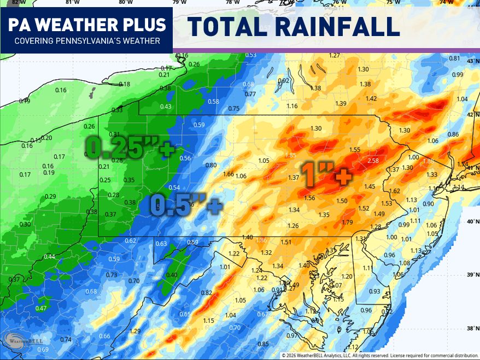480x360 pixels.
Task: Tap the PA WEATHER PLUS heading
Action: (x=87, y=25)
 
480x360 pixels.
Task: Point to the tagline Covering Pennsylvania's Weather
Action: (x=87, y=41)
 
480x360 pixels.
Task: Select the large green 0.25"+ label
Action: (x=130, y=147)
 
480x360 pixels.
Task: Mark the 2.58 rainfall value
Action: (x=373, y=161)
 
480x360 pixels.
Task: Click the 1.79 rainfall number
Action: (x=347, y=222)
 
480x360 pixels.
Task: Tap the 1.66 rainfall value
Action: (x=229, y=174)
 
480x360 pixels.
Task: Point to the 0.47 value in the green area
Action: (x=41, y=308)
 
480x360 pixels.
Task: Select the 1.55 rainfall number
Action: (x=355, y=150)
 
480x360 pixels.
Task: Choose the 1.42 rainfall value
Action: (x=371, y=98)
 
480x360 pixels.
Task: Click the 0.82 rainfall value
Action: (x=206, y=293)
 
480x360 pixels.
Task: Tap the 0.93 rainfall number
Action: (x=374, y=291)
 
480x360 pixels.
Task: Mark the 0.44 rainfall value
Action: (x=49, y=257)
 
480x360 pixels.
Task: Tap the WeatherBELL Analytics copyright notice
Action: (x=379, y=356)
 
